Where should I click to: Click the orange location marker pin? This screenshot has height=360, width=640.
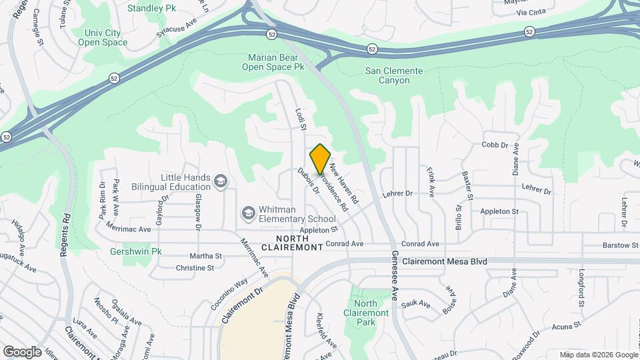320,159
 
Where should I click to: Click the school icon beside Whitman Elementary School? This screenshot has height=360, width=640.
249,213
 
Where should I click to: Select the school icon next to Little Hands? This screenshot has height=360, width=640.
221,181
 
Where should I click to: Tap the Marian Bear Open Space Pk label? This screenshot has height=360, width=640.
272,62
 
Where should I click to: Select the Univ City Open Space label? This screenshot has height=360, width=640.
102,37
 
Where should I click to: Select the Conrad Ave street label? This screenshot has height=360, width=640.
420,244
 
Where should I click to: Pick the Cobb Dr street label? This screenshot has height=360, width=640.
495,145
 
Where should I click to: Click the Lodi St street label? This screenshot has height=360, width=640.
300,118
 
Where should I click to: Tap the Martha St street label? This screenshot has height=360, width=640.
205,255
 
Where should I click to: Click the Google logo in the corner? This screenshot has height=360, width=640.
22,351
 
